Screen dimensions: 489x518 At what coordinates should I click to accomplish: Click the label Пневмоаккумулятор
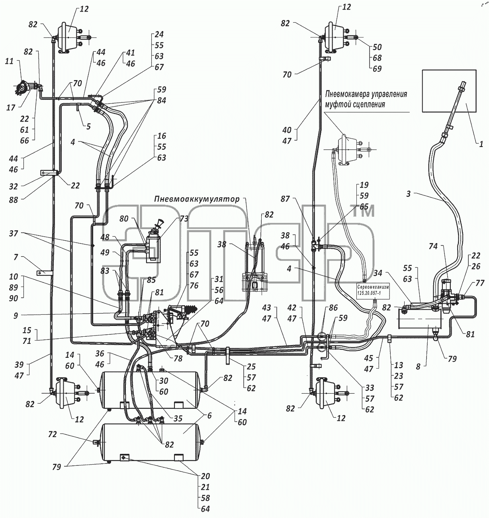(x=197, y=199)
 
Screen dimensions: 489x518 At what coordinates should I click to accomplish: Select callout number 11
(x=9, y=62)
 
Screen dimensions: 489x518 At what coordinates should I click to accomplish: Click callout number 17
(x=11, y=108)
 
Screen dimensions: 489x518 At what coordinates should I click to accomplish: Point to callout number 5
(x=88, y=126)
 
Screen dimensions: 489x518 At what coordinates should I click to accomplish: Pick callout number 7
(x=16, y=257)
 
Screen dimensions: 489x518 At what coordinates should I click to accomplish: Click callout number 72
(x=53, y=434)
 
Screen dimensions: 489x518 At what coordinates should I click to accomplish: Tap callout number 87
(x=285, y=199)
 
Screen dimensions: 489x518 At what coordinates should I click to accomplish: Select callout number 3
(x=409, y=194)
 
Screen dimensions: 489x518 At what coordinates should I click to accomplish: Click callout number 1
(x=481, y=144)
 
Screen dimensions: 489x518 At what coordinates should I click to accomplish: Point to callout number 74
(x=433, y=246)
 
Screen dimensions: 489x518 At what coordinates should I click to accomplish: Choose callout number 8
(x=418, y=367)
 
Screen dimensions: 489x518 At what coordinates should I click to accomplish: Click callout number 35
(x=178, y=418)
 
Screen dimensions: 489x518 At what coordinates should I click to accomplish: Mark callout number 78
(x=178, y=359)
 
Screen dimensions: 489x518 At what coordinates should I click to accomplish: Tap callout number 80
(x=124, y=218)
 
